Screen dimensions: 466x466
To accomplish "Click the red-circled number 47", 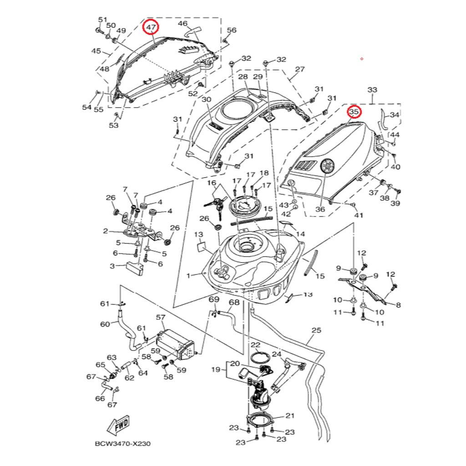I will click(x=151, y=28).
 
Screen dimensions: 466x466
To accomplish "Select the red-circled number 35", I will click(x=354, y=111).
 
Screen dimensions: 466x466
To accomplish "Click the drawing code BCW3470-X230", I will click(x=122, y=443).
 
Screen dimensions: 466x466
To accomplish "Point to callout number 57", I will click(x=161, y=317).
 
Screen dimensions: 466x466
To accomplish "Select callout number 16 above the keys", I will click(x=212, y=183).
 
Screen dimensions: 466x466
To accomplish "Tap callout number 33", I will click(x=372, y=90).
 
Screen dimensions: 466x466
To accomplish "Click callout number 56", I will click(x=232, y=30).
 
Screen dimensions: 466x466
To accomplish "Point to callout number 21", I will click(x=290, y=415).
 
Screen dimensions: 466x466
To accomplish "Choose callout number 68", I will click(x=234, y=302).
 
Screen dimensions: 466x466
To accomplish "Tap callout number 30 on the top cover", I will click(x=207, y=100).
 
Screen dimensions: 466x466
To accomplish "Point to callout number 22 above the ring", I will click(x=255, y=345).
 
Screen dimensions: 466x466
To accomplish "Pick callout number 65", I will click(x=100, y=365).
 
